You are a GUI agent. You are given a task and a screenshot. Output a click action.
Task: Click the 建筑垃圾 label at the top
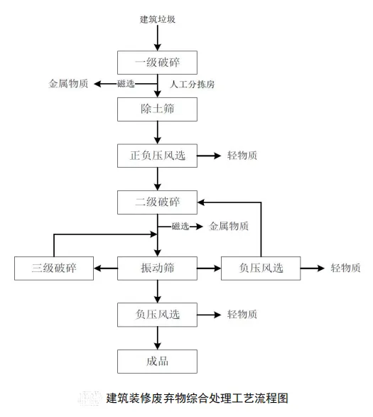pyautogui.click(x=158, y=19)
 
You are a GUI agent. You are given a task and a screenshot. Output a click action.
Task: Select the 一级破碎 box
pyautogui.click(x=157, y=63)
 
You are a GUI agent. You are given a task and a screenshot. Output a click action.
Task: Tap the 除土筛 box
pyautogui.click(x=157, y=109)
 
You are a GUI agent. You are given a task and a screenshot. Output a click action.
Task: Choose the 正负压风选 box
pyautogui.click(x=157, y=156)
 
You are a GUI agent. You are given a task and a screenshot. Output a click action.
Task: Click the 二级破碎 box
pyautogui.click(x=157, y=202)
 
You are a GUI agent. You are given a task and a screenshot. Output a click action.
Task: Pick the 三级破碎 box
pyautogui.click(x=54, y=268)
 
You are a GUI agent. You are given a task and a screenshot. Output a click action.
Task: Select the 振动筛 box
pyautogui.click(x=157, y=268)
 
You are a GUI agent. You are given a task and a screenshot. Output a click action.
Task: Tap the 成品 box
pyautogui.click(x=157, y=362)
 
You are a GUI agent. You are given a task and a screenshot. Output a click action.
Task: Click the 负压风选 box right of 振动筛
pyautogui.click(x=261, y=268)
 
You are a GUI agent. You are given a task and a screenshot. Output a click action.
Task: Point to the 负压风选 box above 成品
pyautogui.click(x=157, y=315)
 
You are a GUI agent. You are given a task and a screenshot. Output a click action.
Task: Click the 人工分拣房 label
pyautogui.click(x=192, y=85)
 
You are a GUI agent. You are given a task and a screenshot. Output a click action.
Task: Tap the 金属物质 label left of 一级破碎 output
pyautogui.click(x=68, y=84)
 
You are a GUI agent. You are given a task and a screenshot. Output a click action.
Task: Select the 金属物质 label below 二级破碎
pyautogui.click(x=229, y=227)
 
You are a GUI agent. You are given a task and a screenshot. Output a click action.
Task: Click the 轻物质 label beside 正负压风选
pyautogui.click(x=242, y=156)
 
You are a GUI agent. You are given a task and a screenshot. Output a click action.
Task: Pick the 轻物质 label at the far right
pyautogui.click(x=345, y=268)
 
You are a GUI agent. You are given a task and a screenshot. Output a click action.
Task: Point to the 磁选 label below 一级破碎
pyautogui.click(x=126, y=84)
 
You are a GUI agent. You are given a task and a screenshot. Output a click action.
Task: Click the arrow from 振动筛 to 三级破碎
pyautogui.click(x=106, y=269)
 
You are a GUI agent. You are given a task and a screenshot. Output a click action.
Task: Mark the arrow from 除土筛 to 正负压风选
pyautogui.click(x=158, y=132)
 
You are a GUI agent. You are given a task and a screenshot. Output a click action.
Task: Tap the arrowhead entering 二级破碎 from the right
pyautogui.click(x=201, y=202)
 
